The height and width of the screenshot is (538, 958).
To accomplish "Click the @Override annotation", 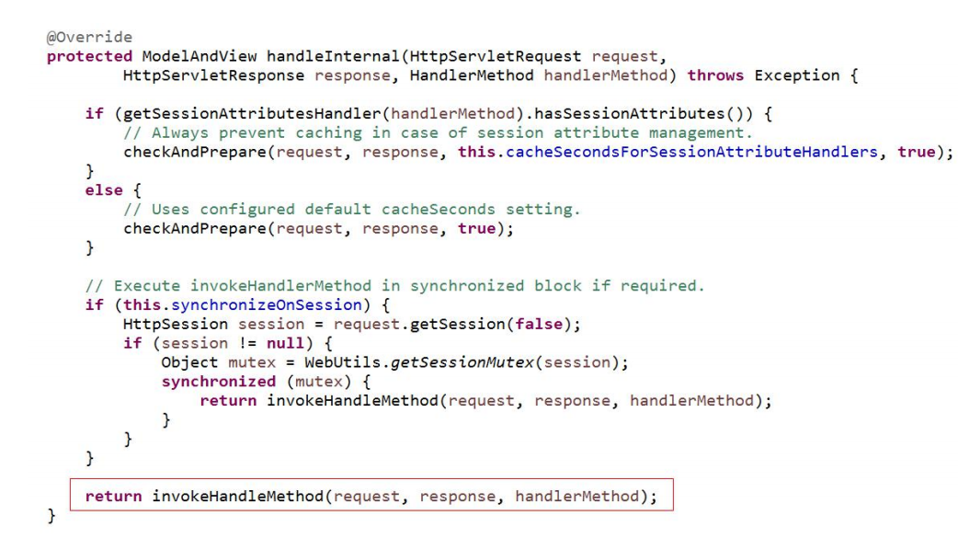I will (77, 39).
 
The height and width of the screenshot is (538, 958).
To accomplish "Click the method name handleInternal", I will (317, 56).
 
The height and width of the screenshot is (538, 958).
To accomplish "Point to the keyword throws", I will (715, 74).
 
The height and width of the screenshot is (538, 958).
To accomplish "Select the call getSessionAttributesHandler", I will (209, 114).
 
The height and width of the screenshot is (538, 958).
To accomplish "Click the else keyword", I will (103, 190).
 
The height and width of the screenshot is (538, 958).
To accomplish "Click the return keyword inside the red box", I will (113, 496).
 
